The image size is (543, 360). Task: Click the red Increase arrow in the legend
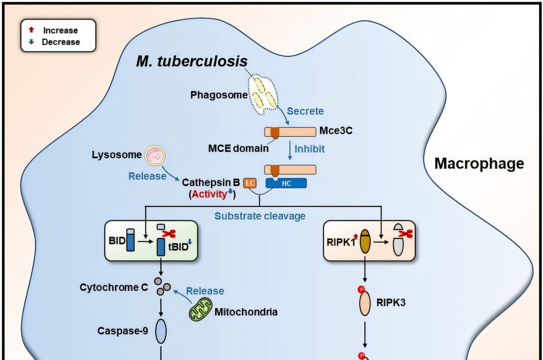(x=31, y=30)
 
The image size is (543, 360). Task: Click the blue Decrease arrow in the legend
(x=31, y=42)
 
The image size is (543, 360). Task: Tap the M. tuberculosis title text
(x=192, y=61)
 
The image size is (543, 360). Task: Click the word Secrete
(x=305, y=111)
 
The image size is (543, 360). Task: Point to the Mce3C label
(x=336, y=131)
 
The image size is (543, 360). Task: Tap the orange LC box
(x=249, y=183)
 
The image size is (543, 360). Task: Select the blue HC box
(x=285, y=183)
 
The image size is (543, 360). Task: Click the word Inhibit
(x=310, y=149)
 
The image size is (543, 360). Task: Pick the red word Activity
(x=209, y=194)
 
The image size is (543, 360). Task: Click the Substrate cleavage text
(x=260, y=216)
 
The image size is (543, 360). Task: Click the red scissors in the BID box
(x=170, y=233)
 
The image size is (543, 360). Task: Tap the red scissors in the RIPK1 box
(x=407, y=233)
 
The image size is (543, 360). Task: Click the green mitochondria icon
(x=200, y=310)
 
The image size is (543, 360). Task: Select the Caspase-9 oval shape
(x=161, y=331)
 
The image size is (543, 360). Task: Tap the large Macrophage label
(x=479, y=163)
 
